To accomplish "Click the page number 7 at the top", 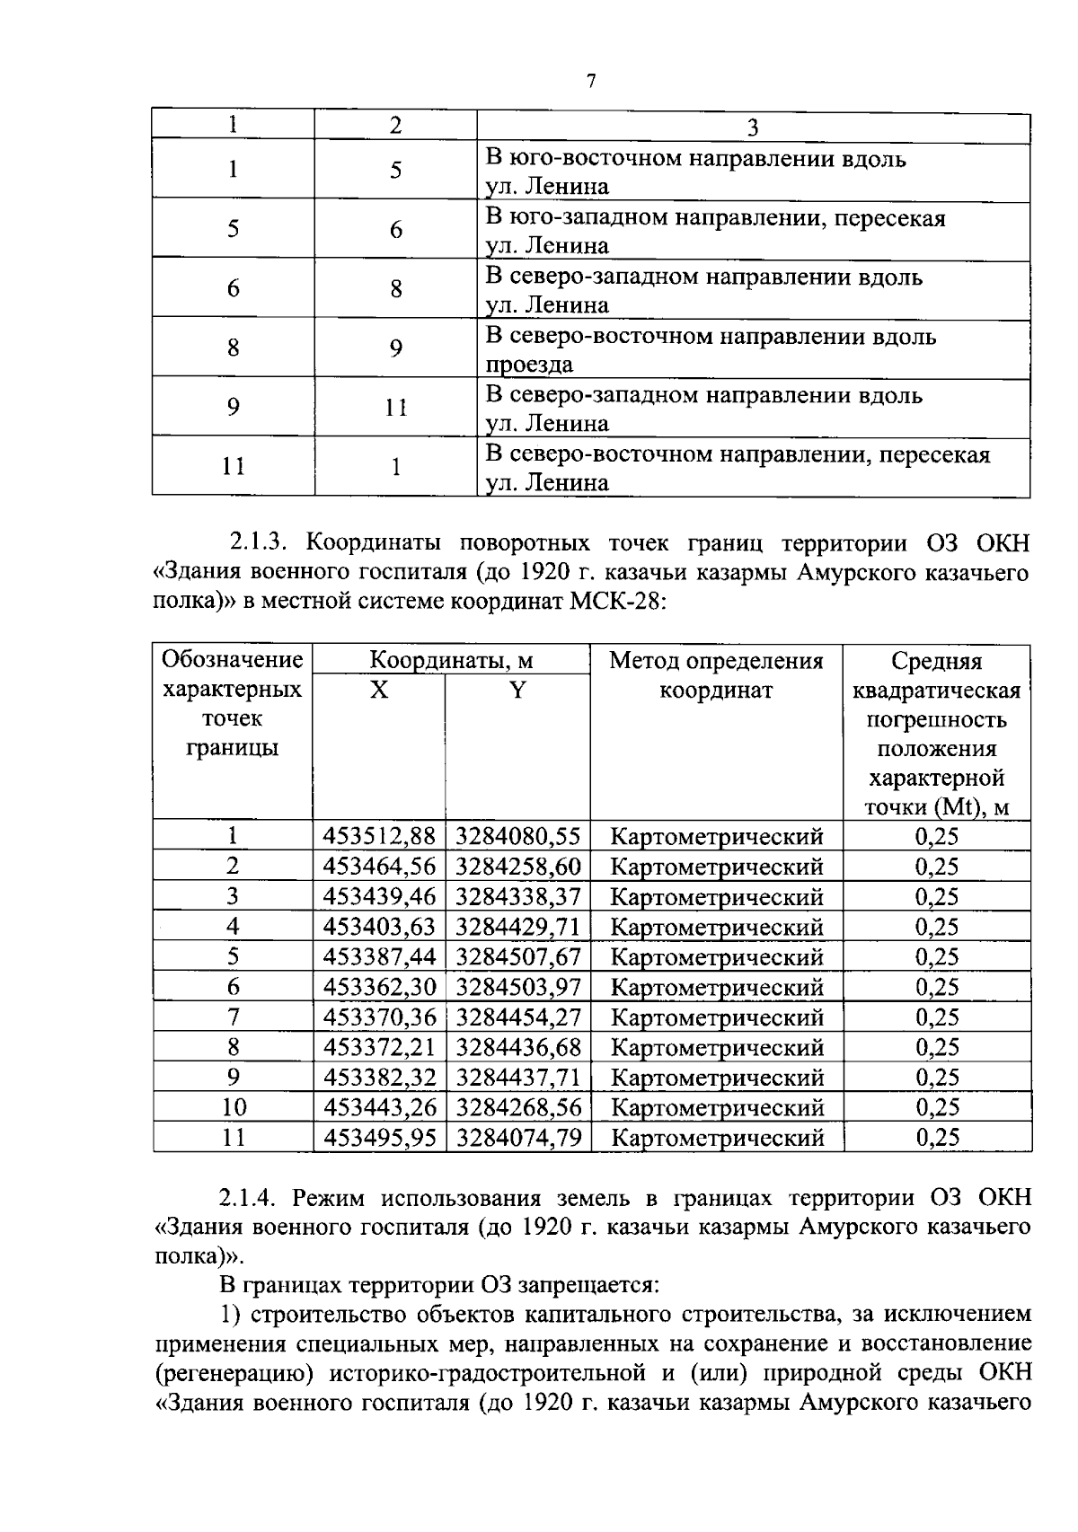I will point(590,82).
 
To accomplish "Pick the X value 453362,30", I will point(379,987).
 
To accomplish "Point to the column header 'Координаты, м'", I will point(451,661).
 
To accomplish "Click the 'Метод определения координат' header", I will point(716,675).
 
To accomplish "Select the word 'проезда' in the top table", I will point(529,365).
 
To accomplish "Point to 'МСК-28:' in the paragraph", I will point(620,601).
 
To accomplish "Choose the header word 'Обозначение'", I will point(232,661).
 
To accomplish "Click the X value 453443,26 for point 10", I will point(379,1107).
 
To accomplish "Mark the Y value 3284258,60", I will point(518,867).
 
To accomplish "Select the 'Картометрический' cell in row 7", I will point(716,1017).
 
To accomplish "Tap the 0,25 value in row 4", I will point(936,927).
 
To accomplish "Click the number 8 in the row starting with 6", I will point(395,288).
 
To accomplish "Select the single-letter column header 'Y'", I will point(517,690).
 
